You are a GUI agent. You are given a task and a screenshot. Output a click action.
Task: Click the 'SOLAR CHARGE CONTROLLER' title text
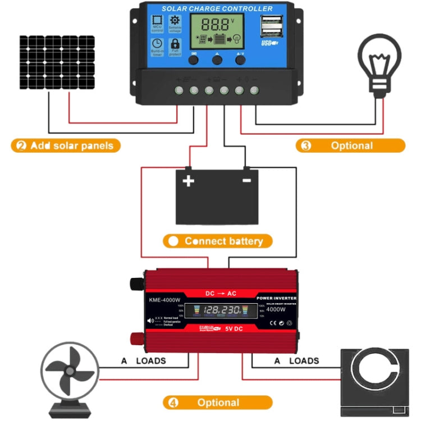click(x=217, y=8)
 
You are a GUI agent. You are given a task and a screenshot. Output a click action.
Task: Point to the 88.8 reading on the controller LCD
click(x=216, y=25)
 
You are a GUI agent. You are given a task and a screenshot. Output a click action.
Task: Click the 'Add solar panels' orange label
click(x=66, y=146)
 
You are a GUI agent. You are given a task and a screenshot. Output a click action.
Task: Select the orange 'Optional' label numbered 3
click(x=350, y=146)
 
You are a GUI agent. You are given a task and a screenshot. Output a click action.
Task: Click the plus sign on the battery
click(x=188, y=181)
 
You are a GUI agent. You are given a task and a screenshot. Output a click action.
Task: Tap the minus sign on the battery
click(x=246, y=181)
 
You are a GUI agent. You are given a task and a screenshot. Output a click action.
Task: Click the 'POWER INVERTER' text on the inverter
click(x=276, y=298)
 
